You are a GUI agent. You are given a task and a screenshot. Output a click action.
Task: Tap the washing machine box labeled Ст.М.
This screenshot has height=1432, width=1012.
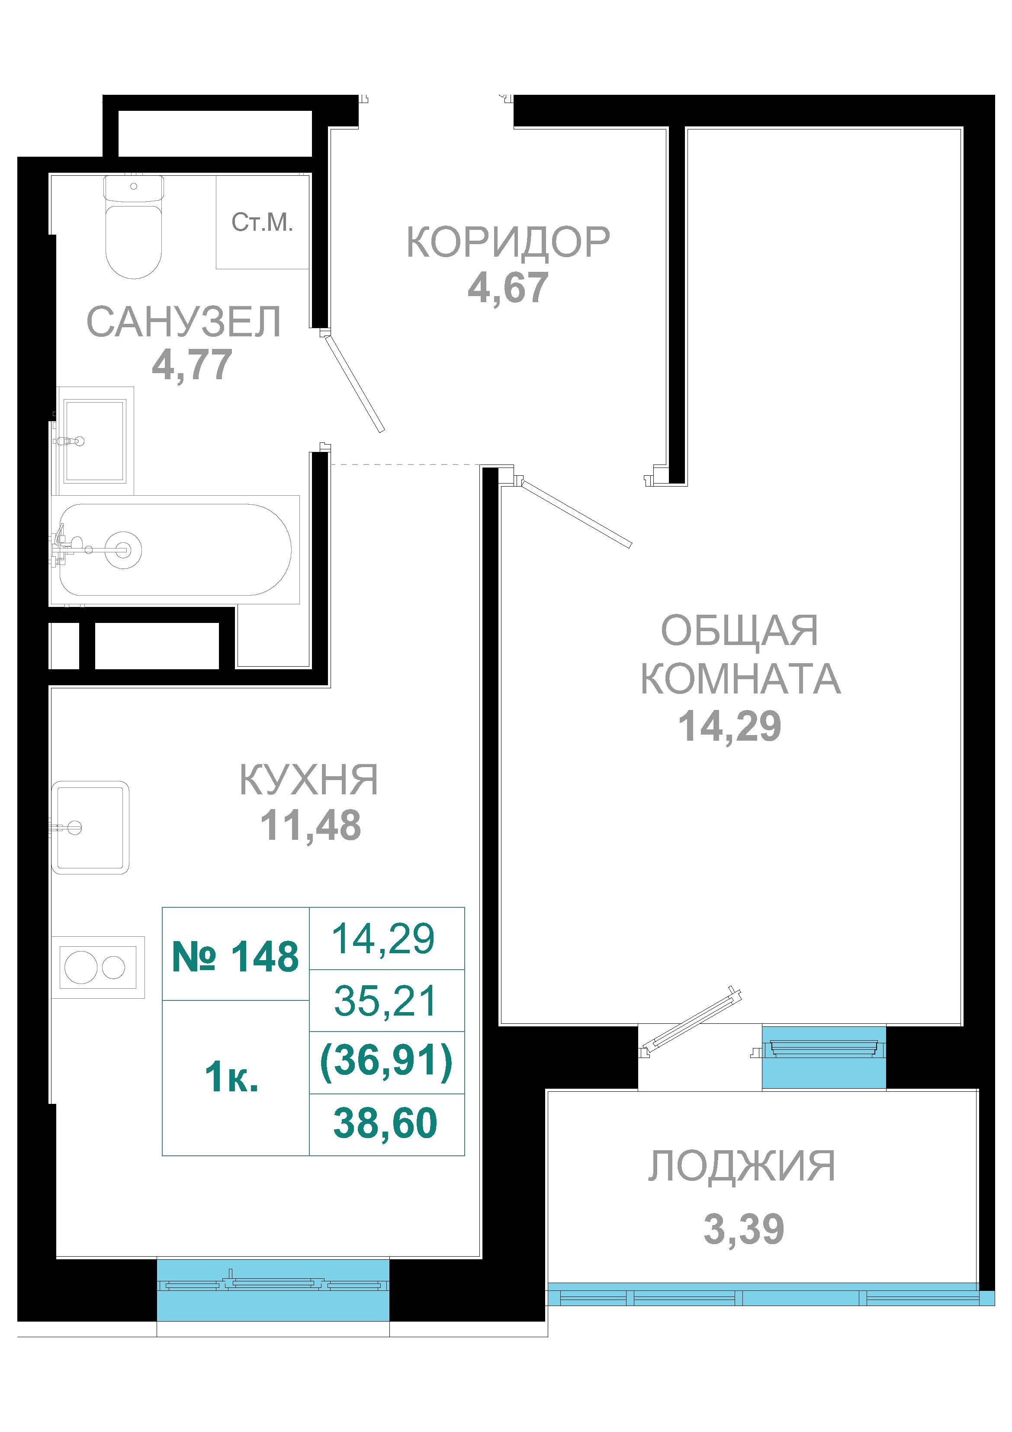[263, 222]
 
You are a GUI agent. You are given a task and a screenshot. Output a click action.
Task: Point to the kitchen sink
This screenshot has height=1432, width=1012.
[90, 827]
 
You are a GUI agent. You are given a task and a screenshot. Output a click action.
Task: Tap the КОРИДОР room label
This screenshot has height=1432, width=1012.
[508, 242]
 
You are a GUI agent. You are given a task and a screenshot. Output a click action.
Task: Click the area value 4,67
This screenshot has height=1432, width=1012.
[508, 287]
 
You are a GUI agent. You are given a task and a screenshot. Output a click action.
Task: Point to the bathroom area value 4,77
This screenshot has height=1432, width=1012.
[192, 365]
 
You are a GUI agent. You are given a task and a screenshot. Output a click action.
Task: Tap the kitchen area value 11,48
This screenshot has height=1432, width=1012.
[310, 825]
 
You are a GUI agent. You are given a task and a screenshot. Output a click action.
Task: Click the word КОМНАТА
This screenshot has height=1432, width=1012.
[741, 679]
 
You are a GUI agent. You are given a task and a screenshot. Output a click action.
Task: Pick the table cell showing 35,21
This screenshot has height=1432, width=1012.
[387, 1000]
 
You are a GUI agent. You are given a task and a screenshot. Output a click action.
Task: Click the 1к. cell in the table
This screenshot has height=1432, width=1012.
[232, 1077]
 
